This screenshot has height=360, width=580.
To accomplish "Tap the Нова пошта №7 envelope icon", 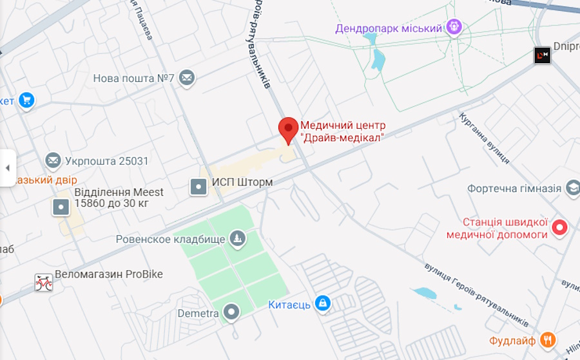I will pyautogui.click(x=187, y=78).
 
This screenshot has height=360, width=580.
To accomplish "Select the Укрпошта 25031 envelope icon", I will pyautogui.click(x=53, y=160).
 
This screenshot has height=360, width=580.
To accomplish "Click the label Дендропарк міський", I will pyautogui.click(x=389, y=28).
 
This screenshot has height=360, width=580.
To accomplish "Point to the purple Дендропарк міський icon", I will pyautogui.click(x=454, y=28).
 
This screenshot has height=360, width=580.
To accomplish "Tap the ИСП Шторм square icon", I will pyautogui.click(x=198, y=187).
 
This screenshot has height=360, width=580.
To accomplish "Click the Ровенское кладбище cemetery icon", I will pyautogui.click(x=238, y=240).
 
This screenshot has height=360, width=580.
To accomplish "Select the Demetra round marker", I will pyautogui.click(x=231, y=313).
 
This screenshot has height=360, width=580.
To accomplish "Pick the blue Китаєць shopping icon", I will pyautogui.click(x=324, y=303).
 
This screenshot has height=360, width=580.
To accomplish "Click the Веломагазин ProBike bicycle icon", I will pyautogui.click(x=44, y=282).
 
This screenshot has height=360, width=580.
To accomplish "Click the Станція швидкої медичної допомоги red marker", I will pyautogui.click(x=560, y=227).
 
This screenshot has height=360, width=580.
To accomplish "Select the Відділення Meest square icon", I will pyautogui.click(x=61, y=207).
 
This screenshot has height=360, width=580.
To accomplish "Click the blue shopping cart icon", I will pyautogui.click(x=26, y=100).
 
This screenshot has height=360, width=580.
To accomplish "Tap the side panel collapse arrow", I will pyautogui.click(x=8, y=168).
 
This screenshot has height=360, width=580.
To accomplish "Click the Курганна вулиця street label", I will pyautogui.click(x=485, y=138).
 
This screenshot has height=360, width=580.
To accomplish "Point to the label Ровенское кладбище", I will pyautogui.click(x=171, y=240).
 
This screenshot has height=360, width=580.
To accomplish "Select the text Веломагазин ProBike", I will pyautogui.click(x=109, y=274).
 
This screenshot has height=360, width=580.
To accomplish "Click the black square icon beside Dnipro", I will pyautogui.click(x=542, y=55).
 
